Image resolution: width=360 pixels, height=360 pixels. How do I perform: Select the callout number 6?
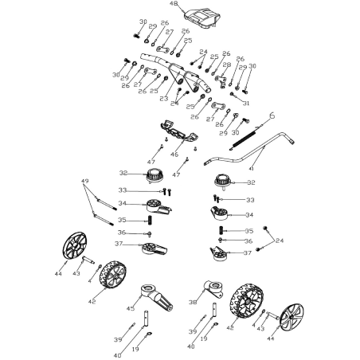point(272,116)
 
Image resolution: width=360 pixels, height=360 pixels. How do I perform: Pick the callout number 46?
point(175,153)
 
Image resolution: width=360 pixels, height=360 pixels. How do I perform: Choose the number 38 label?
point(193,301)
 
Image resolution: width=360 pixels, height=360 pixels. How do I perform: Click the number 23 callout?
point(164,97)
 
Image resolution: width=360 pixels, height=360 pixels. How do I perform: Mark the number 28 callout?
point(227,65)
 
